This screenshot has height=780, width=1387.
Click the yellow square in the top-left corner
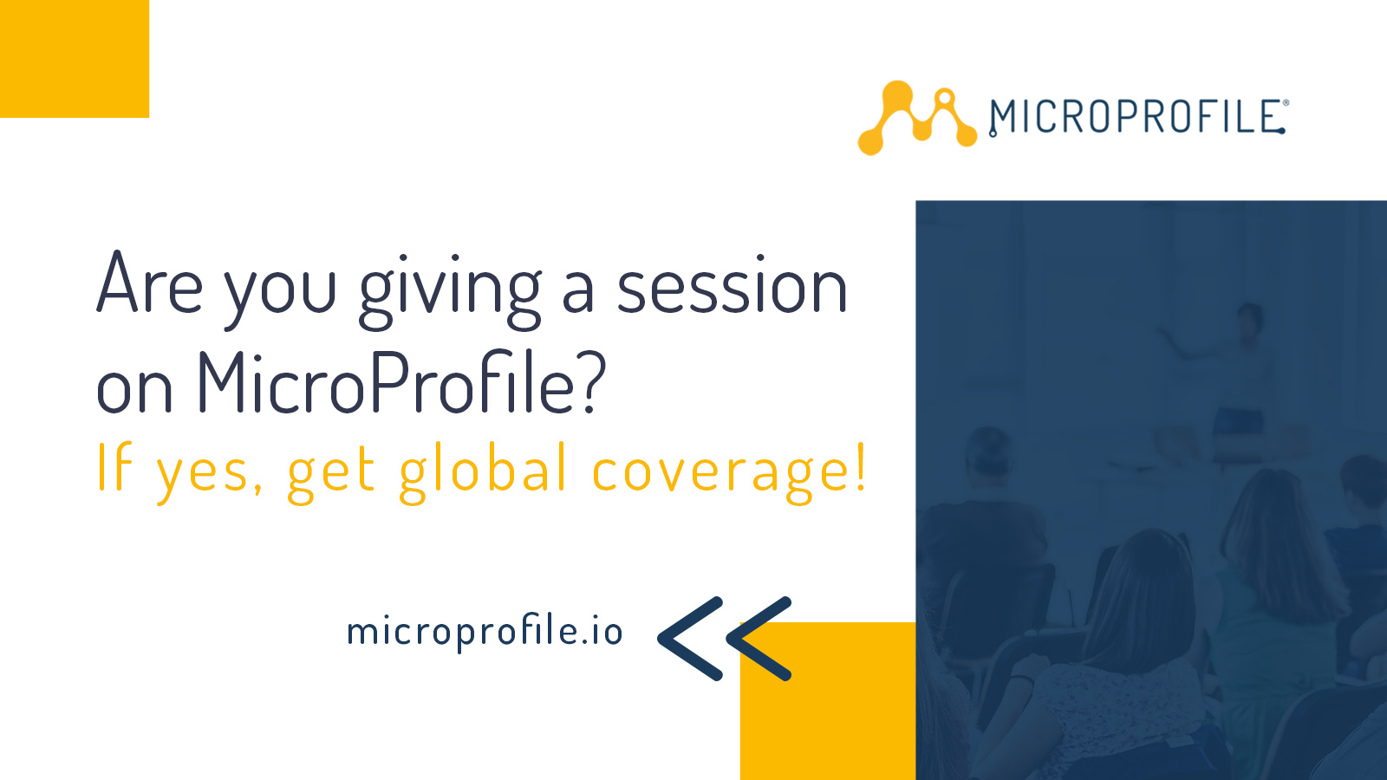(x=74, y=58)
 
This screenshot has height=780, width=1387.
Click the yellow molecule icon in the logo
(x=915, y=118)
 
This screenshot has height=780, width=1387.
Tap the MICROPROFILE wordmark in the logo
(x=1136, y=117)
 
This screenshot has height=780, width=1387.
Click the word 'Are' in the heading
(x=149, y=284)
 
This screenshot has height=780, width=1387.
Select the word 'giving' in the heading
(x=450, y=290)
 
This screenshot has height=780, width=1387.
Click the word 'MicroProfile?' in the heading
(x=400, y=382)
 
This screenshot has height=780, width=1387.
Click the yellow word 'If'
(x=114, y=467)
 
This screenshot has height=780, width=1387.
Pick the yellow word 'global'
(x=484, y=472)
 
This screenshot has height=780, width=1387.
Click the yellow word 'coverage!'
(x=728, y=472)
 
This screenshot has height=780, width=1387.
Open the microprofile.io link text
(x=484, y=632)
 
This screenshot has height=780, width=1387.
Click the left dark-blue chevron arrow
(x=689, y=639)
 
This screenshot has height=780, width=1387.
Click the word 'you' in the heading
(x=280, y=290)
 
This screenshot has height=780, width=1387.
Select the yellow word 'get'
(x=331, y=472)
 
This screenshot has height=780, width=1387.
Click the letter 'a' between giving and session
(x=578, y=292)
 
